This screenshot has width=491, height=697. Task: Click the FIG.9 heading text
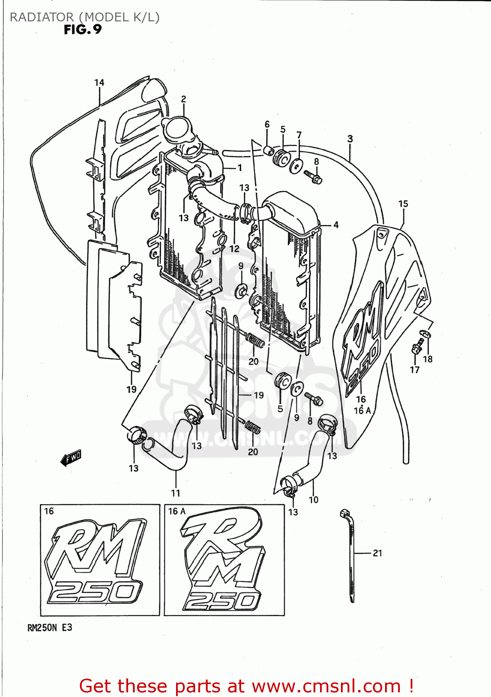point(83,30)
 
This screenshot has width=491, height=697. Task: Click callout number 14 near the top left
point(99,83)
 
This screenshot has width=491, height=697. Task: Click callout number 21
point(377,553)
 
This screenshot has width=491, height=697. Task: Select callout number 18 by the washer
point(427,359)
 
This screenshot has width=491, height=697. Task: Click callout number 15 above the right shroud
point(403,204)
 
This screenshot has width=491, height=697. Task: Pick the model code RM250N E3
point(50,628)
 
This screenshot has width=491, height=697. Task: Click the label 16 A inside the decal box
point(177,511)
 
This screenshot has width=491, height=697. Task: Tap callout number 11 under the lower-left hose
point(175,493)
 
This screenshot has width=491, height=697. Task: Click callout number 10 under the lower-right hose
point(314,500)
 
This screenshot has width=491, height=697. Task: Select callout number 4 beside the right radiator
point(335,225)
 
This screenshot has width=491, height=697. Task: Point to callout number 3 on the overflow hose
point(350,138)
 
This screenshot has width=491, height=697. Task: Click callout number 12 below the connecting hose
point(234,249)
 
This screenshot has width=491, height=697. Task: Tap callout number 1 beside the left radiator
point(239,168)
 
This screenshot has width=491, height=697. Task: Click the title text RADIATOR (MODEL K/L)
point(85,17)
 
